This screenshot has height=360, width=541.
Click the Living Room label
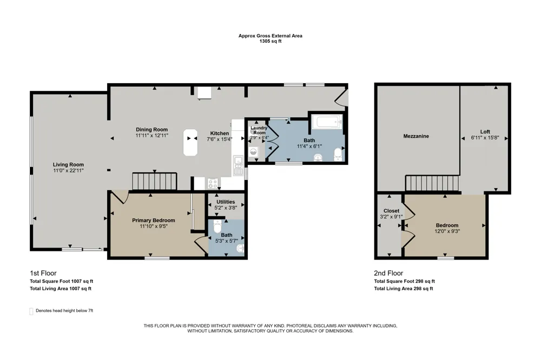pyautogui.click(x=68, y=164)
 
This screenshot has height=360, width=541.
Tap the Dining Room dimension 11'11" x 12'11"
pyautogui.click(x=152, y=136)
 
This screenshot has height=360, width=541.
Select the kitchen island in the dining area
pyautogui.click(x=190, y=142)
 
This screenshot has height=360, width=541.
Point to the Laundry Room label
pyautogui.click(x=259, y=130)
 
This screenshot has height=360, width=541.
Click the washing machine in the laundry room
pyautogui.click(x=254, y=152)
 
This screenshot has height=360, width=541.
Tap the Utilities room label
pyautogui.click(x=226, y=202)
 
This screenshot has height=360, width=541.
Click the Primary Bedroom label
pyautogui.click(x=154, y=221)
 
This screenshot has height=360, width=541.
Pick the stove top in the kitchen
pyautogui.click(x=213, y=183)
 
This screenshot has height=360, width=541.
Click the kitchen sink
pyautogui.click(x=238, y=165)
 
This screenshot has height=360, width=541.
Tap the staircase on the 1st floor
pyautogui.click(x=155, y=182)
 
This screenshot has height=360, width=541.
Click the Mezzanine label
pyautogui.click(x=416, y=136)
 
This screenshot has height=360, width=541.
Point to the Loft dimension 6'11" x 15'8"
pyautogui.click(x=485, y=138)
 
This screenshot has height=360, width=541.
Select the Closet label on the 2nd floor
pyautogui.click(x=391, y=211)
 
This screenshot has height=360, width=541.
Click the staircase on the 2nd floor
pyautogui.click(x=432, y=183)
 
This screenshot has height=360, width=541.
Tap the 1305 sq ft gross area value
pyautogui.click(x=270, y=41)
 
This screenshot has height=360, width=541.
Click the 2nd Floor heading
pyautogui.click(x=388, y=273)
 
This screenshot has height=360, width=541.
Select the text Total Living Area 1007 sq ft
pyautogui.click(x=61, y=289)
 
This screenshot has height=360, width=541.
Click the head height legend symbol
pyautogui.click(x=31, y=311)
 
